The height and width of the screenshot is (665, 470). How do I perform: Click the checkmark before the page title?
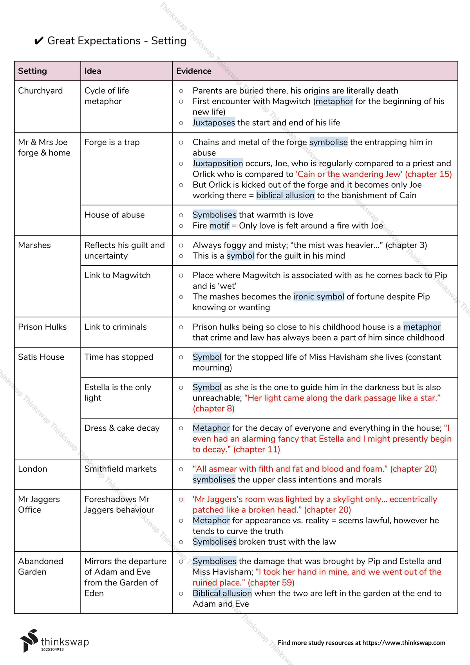coord(39,41)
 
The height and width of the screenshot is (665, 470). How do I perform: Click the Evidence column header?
coord(193,71)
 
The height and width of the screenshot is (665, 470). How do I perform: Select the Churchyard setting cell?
coord(40,91)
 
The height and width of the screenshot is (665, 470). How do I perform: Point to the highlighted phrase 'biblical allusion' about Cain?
coord(285,196)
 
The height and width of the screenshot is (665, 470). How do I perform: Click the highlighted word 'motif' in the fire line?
coord(219,226)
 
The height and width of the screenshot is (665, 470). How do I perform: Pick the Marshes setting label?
coord(34,245)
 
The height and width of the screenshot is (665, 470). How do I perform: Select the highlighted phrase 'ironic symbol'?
coord(318,297)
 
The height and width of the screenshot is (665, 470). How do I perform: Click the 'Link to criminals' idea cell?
coord(115,327)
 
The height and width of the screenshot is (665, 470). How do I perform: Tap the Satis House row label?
coord(41,357)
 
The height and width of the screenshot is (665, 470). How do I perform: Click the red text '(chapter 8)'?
coord(213,409)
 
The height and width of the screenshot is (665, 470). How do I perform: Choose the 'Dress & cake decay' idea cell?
coord(122,428)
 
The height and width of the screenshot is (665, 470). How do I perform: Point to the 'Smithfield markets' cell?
coord(120,469)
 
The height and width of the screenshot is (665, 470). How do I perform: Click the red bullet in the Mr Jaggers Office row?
coord(181,500)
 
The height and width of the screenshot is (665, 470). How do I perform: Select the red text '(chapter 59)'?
coord(271,583)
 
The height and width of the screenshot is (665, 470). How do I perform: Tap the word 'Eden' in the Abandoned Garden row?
coord(94,593)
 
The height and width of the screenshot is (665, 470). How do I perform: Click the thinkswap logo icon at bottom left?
coord(29,641)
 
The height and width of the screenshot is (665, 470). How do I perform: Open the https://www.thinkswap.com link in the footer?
coord(403,643)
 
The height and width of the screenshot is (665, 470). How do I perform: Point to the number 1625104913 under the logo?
coord(52,650)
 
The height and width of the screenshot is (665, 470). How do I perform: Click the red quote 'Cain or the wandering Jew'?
coord(349,174)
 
